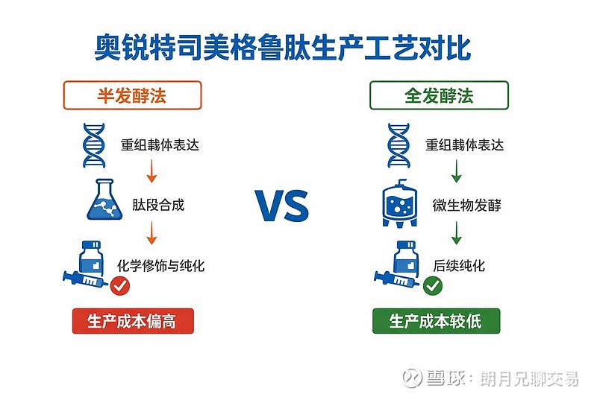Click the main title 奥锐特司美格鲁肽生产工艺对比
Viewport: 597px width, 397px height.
(283, 48)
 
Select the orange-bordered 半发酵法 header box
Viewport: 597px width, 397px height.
(132, 95)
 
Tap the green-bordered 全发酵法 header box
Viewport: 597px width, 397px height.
(439, 95)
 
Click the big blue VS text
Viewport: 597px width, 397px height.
(282, 206)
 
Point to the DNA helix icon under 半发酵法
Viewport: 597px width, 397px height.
(94, 145)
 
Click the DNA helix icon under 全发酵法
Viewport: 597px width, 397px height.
(398, 145)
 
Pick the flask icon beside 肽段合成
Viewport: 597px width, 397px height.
(104, 200)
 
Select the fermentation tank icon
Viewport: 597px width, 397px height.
(399, 203)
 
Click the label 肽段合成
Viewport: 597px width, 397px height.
(158, 205)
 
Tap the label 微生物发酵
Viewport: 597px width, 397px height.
(467, 205)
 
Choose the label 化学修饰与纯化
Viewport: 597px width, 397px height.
(160, 266)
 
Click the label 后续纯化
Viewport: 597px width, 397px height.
(459, 266)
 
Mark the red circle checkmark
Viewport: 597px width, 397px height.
(120, 286)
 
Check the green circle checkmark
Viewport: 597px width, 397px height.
(433, 286)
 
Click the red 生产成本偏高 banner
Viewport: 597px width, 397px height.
(133, 321)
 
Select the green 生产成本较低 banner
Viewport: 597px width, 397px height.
(436, 321)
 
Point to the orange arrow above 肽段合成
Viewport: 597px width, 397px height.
(151, 171)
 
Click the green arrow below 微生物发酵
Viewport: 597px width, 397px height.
(456, 233)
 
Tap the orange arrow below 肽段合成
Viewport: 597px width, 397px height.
(151, 233)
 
